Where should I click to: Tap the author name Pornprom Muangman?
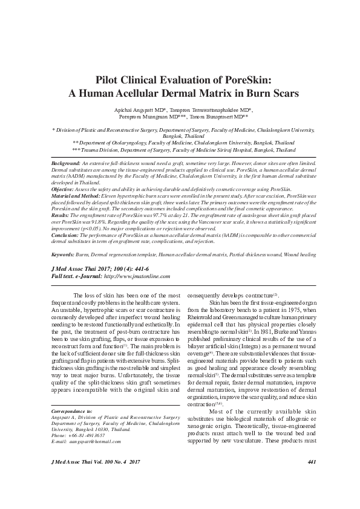[140, 117]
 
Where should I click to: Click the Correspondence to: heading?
[68, 411]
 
